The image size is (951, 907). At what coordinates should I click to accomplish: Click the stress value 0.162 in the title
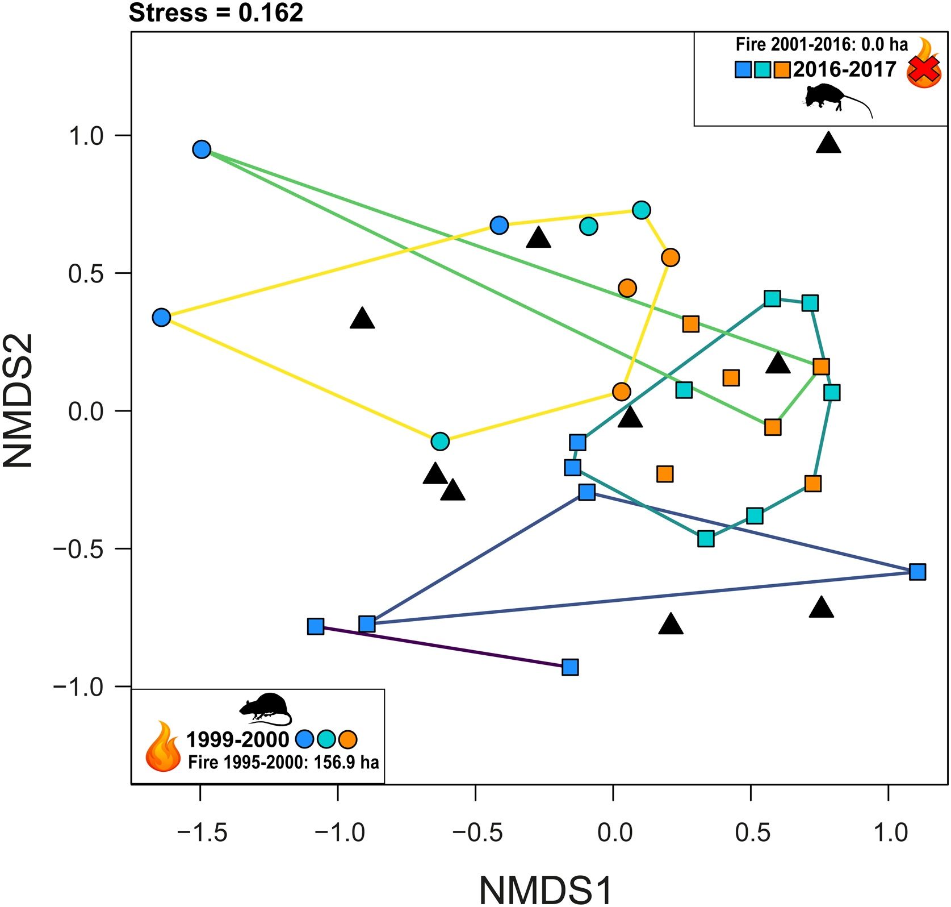(x=270, y=13)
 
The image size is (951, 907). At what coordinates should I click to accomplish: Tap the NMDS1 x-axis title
(x=546, y=888)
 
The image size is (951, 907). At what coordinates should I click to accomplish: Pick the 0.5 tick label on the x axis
(x=753, y=833)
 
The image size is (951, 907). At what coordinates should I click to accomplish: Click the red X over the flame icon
(x=923, y=71)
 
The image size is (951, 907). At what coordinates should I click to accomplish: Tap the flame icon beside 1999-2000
(x=163, y=746)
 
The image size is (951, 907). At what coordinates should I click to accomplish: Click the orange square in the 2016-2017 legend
(x=782, y=70)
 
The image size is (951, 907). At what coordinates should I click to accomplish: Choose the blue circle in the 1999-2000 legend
(x=305, y=739)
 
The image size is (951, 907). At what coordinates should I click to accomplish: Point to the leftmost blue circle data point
(x=162, y=317)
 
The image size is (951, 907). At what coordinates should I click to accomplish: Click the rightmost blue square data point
(x=917, y=572)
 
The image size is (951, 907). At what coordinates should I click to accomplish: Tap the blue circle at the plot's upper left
(x=202, y=149)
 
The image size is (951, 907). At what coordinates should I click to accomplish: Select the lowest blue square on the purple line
(x=570, y=667)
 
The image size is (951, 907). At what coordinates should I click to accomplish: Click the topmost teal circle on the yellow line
(x=641, y=210)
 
